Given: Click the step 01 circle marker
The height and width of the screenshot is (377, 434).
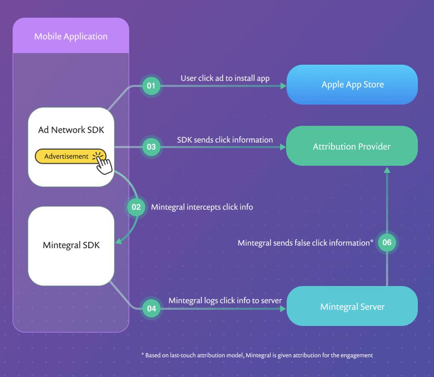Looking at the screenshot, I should pos(151,85).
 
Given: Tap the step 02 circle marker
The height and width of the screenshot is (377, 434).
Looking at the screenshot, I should pos(136,207).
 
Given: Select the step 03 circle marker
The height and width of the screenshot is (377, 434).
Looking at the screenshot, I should pos(151,147).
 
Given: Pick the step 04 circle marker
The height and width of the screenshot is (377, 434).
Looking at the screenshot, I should pos(151,309).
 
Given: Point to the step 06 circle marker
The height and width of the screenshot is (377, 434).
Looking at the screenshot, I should pos(387,242).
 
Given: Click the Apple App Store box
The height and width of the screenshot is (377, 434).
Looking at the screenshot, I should pos(352,85).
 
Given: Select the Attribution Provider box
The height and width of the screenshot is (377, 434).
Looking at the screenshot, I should pos(352,146).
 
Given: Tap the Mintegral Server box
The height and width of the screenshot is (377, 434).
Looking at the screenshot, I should pos(352,307).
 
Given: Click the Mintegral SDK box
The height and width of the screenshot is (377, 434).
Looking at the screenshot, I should pos(71,246).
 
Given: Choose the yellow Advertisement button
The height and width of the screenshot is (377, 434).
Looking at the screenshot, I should pos(67,156).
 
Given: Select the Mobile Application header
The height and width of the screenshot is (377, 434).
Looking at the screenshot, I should pos(71,36).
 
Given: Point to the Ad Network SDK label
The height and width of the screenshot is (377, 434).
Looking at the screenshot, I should pos(71,130).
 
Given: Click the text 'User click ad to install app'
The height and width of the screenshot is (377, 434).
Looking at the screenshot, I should pos(225,78).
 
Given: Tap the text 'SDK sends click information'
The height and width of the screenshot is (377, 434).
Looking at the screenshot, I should pos(225,140).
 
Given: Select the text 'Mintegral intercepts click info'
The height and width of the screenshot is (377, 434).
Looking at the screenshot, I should pos(202,207).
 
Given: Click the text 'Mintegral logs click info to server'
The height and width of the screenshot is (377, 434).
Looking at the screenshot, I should pos(225,300).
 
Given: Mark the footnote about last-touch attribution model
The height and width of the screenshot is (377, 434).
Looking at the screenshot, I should pos(257,355).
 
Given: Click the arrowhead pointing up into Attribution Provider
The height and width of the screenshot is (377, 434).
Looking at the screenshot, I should pos(387,170).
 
